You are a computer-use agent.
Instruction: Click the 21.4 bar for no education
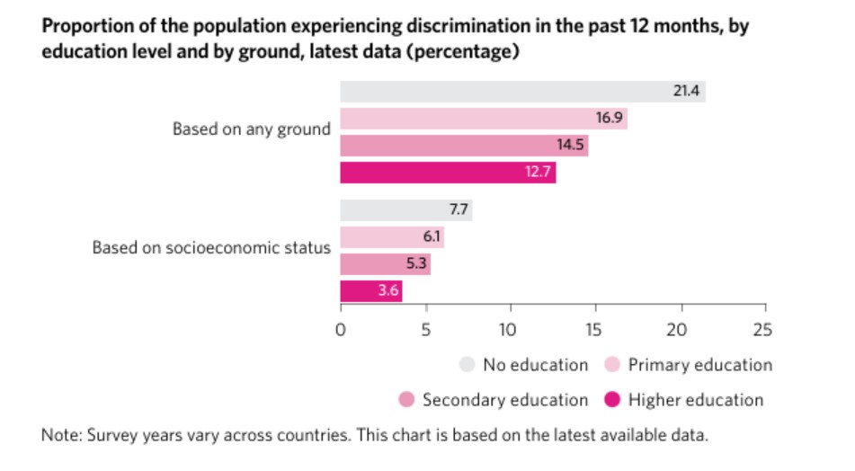pyautogui.click(x=522, y=91)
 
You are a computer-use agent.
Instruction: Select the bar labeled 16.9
pyautogui.click(x=483, y=118)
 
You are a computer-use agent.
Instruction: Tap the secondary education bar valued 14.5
pyautogui.click(x=464, y=145)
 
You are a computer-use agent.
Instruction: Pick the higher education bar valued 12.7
pyautogui.click(x=448, y=172)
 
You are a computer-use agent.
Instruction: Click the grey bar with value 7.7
pyautogui.click(x=405, y=210)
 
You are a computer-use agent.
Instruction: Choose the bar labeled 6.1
pyautogui.click(x=392, y=237)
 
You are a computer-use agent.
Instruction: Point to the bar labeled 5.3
pyautogui.click(x=385, y=264)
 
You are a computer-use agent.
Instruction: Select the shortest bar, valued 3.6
pyautogui.click(x=370, y=291)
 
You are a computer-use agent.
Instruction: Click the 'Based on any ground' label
pyautogui.click(x=252, y=129)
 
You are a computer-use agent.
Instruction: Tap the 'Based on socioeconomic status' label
pyautogui.click(x=211, y=247)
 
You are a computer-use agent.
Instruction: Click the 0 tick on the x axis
pyautogui.click(x=341, y=329)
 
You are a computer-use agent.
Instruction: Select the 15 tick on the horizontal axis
pyautogui.click(x=595, y=329)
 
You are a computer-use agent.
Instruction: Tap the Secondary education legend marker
pyautogui.click(x=405, y=400)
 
